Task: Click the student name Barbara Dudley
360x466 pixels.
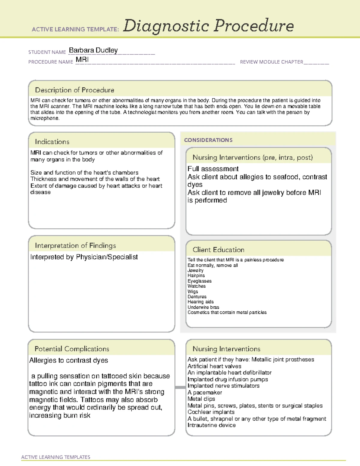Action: pos(93,50)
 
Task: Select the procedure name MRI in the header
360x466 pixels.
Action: pos(82,60)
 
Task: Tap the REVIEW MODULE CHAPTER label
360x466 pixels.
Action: pos(271,62)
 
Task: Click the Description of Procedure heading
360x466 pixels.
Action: pos(74,90)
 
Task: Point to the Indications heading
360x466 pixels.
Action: pos(52,142)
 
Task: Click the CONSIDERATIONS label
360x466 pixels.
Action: pos(208,140)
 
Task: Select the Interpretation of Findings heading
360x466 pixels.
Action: pos(75,245)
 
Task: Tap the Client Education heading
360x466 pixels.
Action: pos(218,250)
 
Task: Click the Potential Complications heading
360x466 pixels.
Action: pos(72,349)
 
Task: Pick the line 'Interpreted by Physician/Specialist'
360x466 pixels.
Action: pos(84,257)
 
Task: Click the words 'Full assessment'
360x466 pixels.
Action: pos(213,169)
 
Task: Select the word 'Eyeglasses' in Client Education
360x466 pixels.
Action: pos(199,281)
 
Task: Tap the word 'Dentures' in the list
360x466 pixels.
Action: pos(197,297)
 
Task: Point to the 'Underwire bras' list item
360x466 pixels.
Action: pos(203,307)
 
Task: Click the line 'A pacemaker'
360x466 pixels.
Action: pos(205,392)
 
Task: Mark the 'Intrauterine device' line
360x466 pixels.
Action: pos(211,425)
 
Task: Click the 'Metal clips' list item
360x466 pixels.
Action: pos(201,399)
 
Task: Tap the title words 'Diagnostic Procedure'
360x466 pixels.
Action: pos(208,26)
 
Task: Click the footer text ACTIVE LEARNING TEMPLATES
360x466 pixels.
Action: pos(56,457)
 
